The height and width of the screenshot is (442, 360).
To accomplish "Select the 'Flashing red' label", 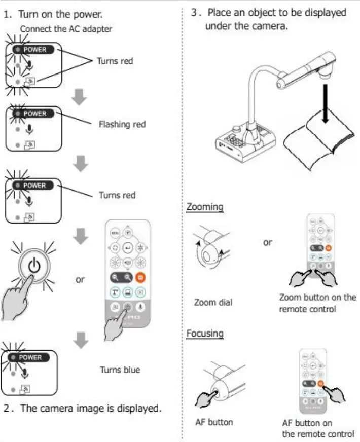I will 122,124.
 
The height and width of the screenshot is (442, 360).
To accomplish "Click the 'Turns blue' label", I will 120,370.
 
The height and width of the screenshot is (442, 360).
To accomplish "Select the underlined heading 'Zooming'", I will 205,207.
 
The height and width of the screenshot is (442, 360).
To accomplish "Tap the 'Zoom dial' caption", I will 213,303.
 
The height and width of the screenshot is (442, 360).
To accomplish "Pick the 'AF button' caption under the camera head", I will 214,421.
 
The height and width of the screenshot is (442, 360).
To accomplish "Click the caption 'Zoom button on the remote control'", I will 317,303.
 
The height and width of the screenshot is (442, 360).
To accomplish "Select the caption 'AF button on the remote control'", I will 318,428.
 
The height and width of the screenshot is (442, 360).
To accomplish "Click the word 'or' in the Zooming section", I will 267,242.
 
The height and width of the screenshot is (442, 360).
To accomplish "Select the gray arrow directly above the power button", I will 80,235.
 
